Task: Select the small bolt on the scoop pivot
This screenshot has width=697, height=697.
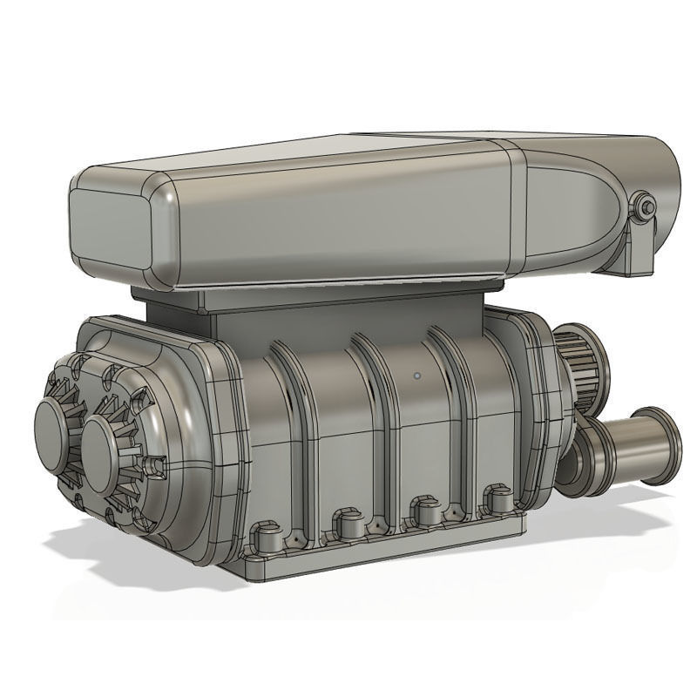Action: (x=644, y=206)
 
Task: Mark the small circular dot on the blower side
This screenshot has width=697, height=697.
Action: (x=417, y=376)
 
